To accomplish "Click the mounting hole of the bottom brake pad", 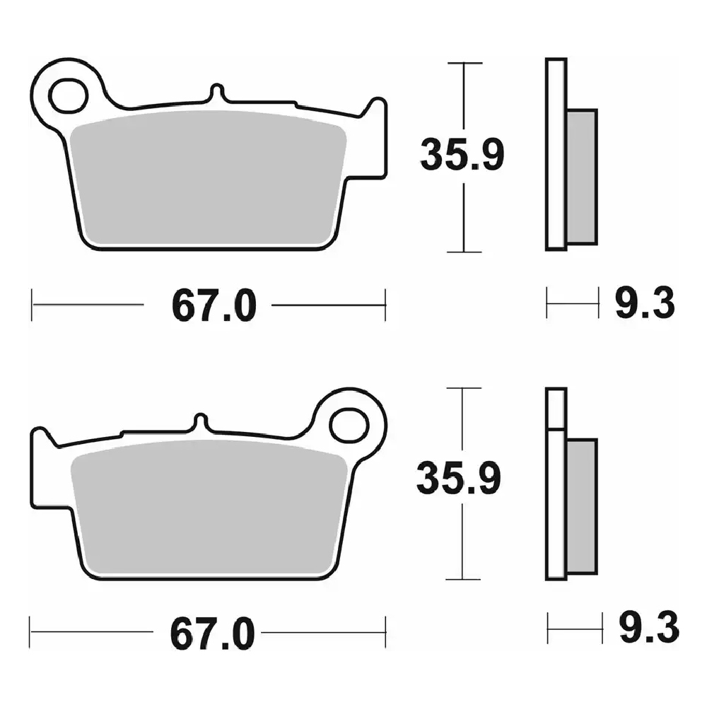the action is (349, 425).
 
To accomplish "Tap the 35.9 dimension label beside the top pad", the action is (462, 155).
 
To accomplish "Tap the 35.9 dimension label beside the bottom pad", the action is (459, 478).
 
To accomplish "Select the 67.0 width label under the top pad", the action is (214, 305).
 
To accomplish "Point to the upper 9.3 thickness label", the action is (645, 303).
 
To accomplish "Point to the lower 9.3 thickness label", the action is (649, 627).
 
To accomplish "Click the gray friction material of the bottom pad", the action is (210, 507).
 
